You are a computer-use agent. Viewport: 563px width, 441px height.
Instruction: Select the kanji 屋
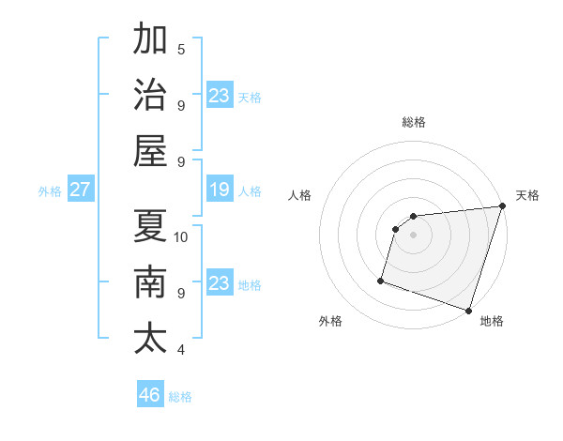click(150, 151)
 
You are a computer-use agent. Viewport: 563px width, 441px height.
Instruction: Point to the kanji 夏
click(150, 225)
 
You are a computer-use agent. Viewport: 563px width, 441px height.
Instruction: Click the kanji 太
click(150, 338)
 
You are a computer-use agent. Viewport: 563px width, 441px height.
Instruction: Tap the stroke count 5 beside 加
click(181, 49)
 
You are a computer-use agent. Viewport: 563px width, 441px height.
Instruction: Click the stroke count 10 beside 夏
click(182, 236)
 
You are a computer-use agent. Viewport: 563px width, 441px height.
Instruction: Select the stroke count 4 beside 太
click(181, 350)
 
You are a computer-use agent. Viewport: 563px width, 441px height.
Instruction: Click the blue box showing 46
click(150, 395)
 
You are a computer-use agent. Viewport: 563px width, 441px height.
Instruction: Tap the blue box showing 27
click(80, 190)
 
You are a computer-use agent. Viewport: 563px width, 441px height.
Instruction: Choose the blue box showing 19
click(219, 190)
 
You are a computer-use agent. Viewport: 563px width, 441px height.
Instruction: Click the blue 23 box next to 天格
click(219, 96)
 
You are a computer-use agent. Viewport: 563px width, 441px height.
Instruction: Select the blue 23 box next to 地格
click(219, 283)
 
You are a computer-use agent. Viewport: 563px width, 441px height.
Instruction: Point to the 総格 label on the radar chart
click(413, 122)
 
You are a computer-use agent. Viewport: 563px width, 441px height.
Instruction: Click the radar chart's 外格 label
click(330, 321)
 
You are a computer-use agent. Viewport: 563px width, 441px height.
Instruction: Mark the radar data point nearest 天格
click(502, 207)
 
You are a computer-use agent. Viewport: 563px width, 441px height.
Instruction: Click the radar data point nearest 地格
click(468, 311)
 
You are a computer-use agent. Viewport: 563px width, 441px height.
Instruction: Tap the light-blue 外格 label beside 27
click(50, 191)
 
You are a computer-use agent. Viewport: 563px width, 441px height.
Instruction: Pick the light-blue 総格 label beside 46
click(180, 397)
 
